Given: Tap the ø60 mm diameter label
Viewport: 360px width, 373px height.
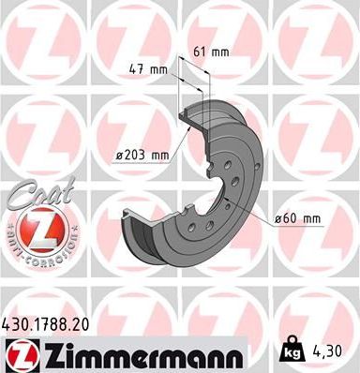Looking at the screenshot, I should (x=299, y=219).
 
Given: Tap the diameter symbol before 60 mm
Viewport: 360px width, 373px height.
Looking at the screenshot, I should (x=279, y=219).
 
